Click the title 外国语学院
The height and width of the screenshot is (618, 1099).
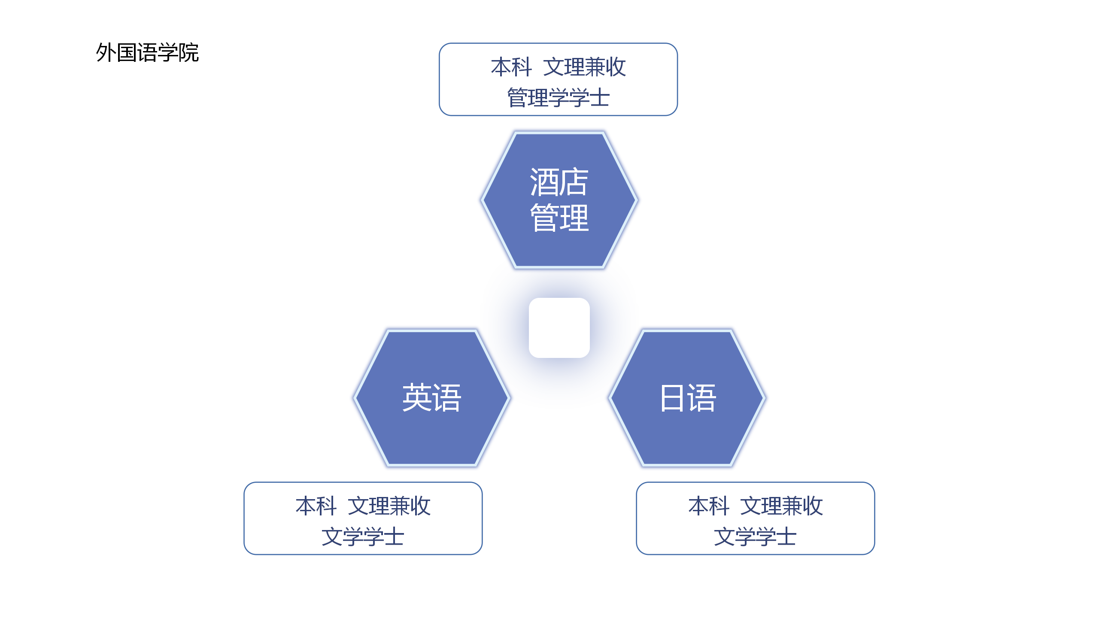tap(147, 53)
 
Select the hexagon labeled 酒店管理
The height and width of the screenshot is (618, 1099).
tap(559, 200)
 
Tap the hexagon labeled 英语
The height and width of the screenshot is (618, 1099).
tap(432, 398)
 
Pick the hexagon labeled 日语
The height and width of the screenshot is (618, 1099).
tap(687, 398)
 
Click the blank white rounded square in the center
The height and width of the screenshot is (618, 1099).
tap(559, 328)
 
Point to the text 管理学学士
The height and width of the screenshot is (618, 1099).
tap(559, 98)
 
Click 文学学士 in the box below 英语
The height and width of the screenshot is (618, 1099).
tap(363, 537)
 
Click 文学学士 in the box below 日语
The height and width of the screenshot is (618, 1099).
tap(756, 537)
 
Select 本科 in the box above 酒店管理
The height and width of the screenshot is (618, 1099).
tap(512, 67)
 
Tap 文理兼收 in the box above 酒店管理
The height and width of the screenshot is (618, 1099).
tap(585, 67)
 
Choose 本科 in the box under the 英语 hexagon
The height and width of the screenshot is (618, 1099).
tap(316, 506)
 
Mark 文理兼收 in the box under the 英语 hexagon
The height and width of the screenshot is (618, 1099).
tap(389, 506)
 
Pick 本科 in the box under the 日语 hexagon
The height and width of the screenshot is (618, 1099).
tap(709, 506)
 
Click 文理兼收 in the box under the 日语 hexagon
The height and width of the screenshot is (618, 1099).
tap(782, 506)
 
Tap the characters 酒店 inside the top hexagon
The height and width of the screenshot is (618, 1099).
tap(559, 182)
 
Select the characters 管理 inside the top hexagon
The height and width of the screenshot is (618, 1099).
tap(559, 218)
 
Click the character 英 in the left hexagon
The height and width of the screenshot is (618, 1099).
tap(417, 398)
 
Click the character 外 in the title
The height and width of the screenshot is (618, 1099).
tap(106, 53)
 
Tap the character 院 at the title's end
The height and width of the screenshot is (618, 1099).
tap(189, 53)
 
